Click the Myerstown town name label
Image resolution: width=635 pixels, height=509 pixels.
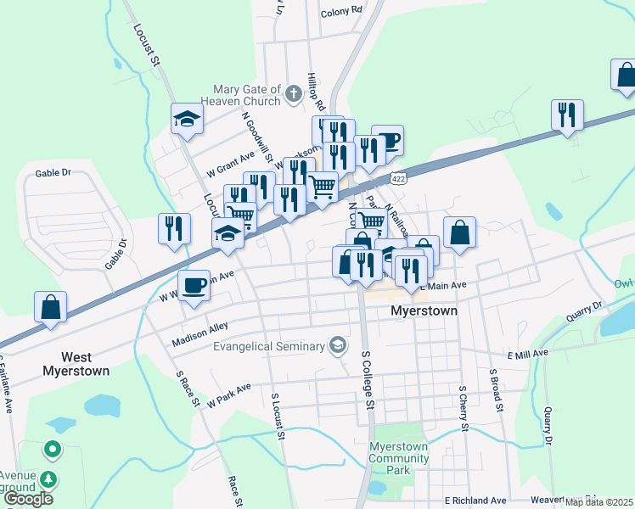[x=424, y=311]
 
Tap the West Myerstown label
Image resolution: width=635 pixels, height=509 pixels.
[x=77, y=364]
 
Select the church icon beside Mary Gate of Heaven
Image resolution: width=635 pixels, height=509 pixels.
[x=294, y=94]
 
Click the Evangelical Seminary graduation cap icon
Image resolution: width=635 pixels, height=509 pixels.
[x=338, y=345]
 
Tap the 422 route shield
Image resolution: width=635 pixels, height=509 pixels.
[x=397, y=179]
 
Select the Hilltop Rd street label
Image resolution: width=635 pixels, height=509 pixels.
[x=317, y=92]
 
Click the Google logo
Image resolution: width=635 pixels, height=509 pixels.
[x=28, y=499]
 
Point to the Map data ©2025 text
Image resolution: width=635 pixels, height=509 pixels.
[x=598, y=502]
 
